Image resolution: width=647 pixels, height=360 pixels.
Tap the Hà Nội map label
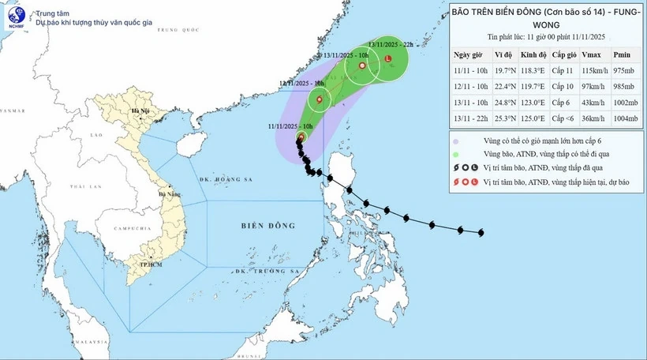point(140,111)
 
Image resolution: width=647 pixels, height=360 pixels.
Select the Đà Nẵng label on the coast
point(169,193)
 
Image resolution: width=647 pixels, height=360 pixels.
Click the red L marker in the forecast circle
point(387,58)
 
